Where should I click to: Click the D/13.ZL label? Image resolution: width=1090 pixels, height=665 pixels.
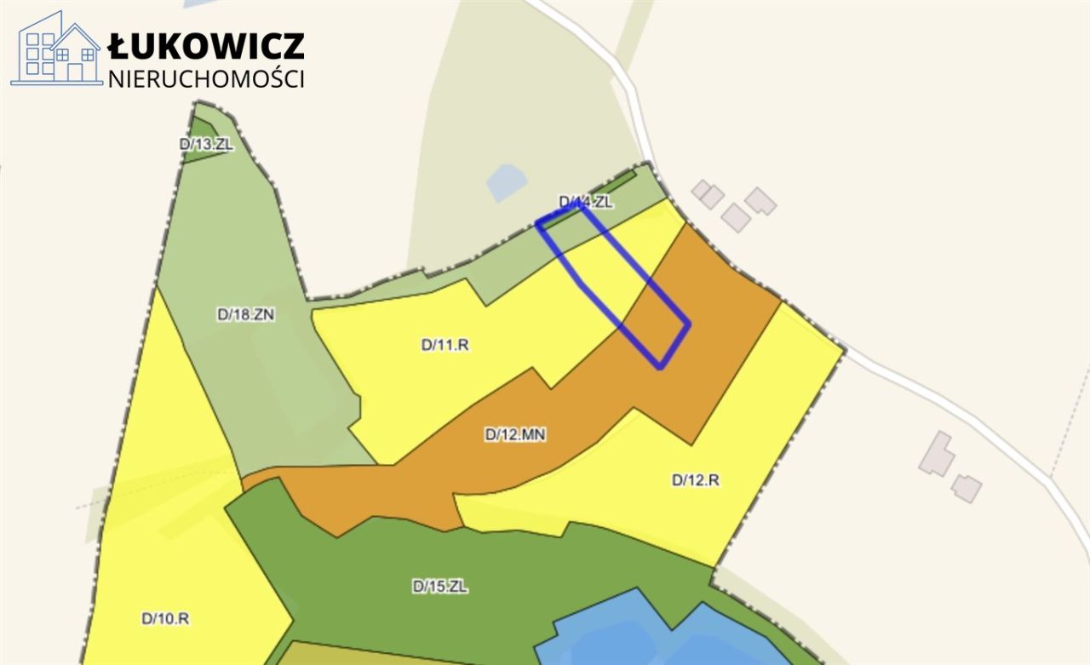pos(206,144)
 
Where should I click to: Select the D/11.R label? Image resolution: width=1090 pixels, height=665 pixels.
pos(445,345)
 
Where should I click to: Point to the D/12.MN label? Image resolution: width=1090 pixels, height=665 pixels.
pos(515,434)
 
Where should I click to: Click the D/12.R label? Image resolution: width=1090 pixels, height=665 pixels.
pos(696,479)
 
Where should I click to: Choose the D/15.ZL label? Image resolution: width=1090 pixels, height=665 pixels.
pos(440,586)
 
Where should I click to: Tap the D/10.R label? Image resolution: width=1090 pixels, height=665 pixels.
pos(165,619)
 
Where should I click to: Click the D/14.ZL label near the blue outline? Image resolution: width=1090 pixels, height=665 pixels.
pos(585,202)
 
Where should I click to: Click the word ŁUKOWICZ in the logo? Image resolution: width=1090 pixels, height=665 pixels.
pos(206,46)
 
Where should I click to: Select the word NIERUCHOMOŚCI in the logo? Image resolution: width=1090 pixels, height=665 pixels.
pos(206,78)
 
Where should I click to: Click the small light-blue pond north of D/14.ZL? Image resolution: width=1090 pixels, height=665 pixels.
pos(507,181)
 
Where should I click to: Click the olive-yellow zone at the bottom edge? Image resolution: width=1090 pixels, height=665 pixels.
pos(358,656)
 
